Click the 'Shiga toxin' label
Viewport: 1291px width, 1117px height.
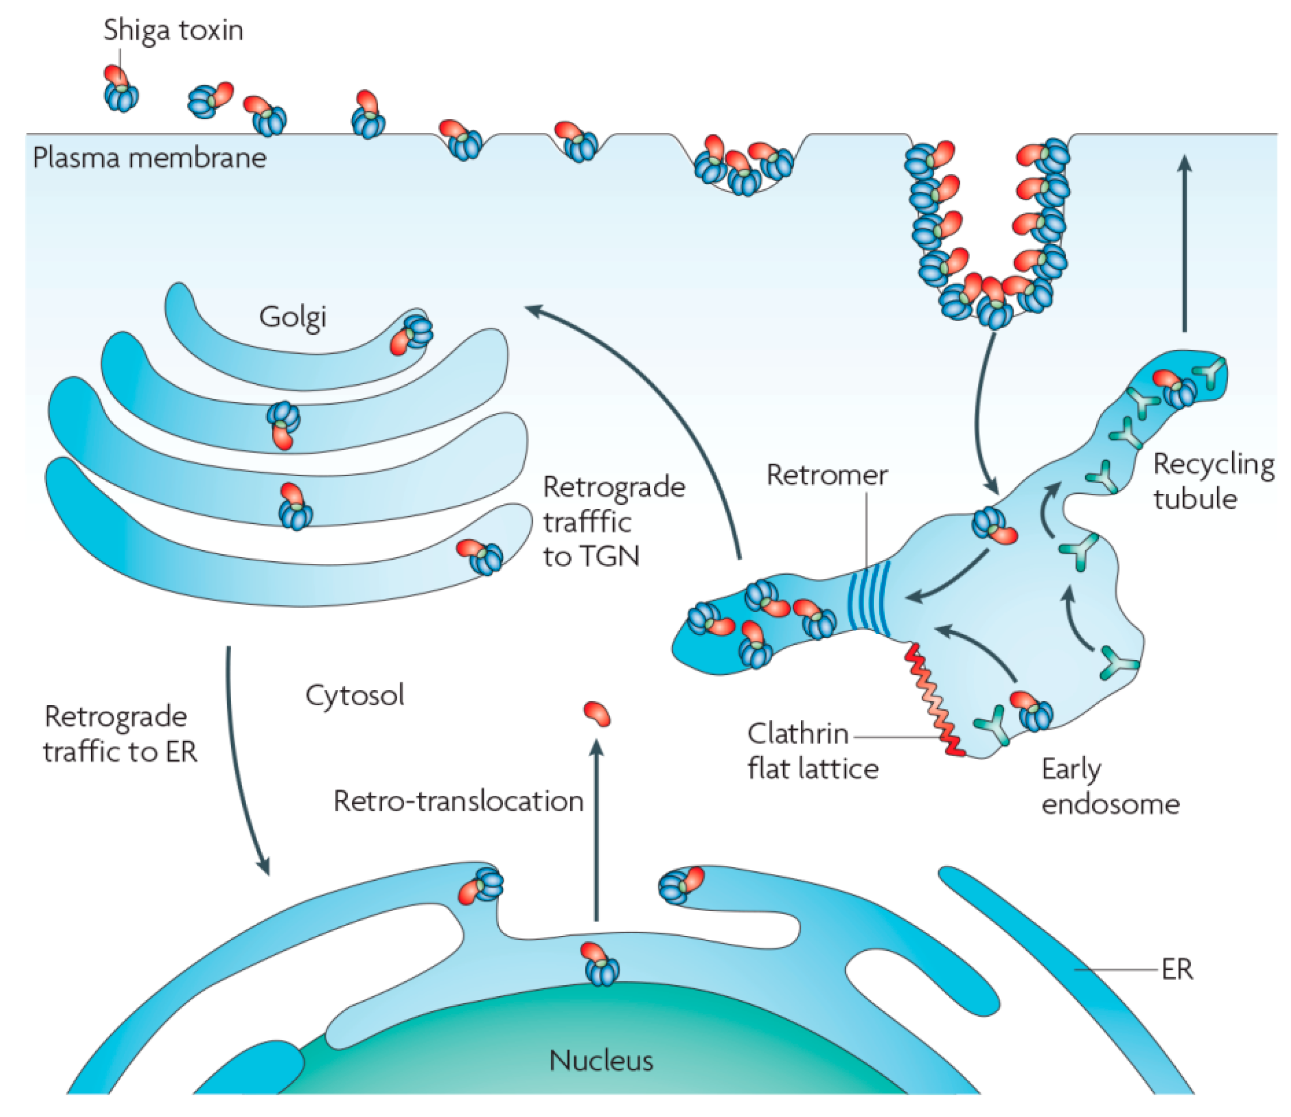[173, 30]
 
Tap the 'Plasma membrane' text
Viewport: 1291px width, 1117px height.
[149, 158]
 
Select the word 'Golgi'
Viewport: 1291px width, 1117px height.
[292, 317]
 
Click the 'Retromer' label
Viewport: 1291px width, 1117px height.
[826, 475]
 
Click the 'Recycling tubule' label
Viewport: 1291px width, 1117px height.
[1212, 481]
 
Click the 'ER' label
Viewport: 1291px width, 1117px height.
[1177, 970]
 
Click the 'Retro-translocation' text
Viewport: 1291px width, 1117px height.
[458, 801]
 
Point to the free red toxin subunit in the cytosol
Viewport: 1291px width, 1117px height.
[596, 714]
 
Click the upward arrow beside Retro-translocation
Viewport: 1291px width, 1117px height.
[596, 829]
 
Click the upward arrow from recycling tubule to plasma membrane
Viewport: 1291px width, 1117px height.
[1185, 243]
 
